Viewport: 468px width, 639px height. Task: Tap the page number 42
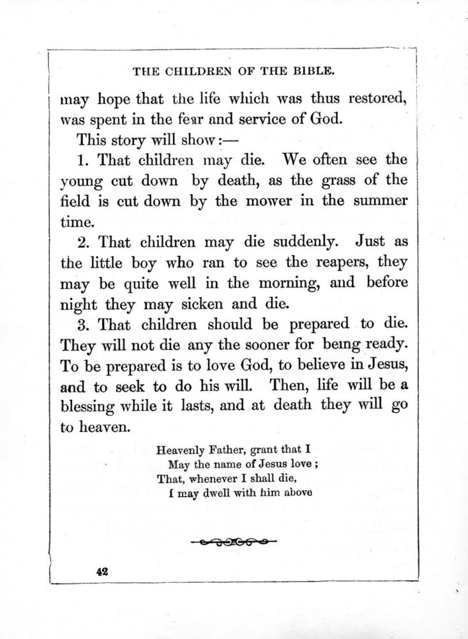point(100,573)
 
